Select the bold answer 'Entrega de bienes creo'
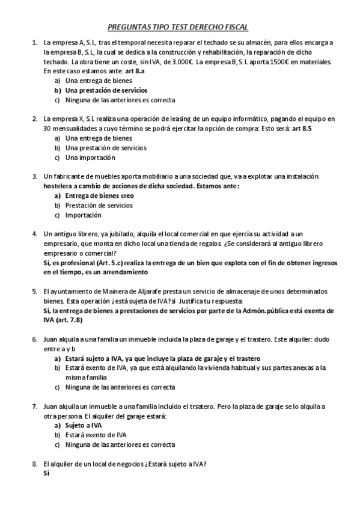pyautogui.click(x=99, y=196)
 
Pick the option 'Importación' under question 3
pyautogui.click(x=83, y=215)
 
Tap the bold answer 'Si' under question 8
pyautogui.click(x=46, y=473)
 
